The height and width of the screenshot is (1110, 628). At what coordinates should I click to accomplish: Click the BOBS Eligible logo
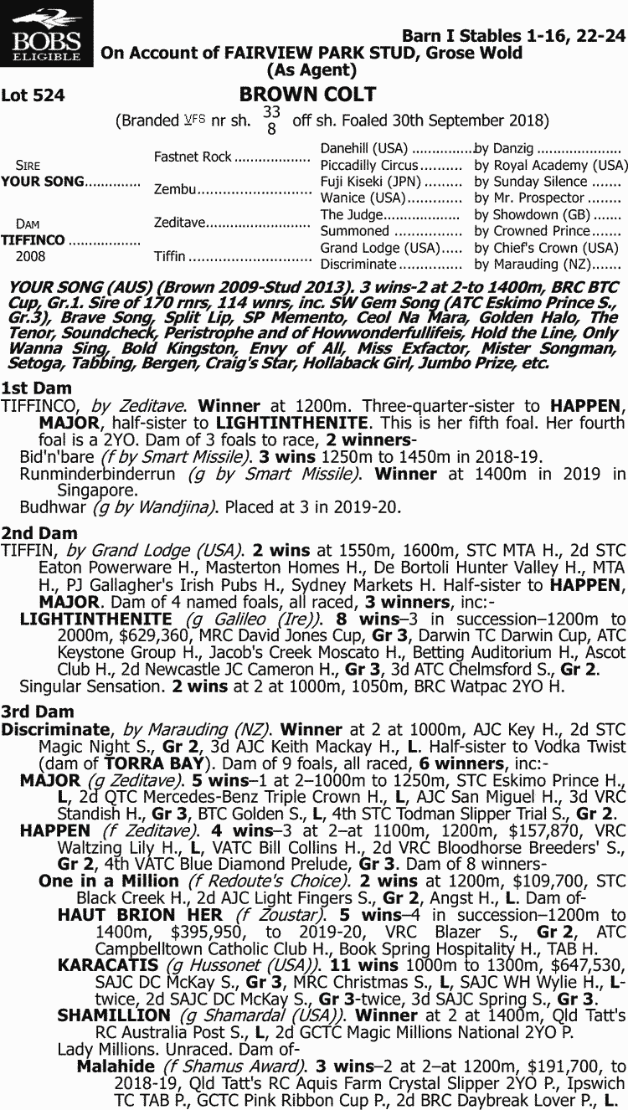(x=47, y=35)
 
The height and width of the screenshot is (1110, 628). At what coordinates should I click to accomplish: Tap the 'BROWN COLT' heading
(x=307, y=95)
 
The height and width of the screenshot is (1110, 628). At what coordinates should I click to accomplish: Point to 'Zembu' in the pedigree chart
(x=174, y=190)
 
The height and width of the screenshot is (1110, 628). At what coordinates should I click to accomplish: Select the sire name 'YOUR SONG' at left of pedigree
(x=43, y=182)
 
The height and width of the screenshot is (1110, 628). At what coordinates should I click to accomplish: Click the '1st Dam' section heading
(x=36, y=388)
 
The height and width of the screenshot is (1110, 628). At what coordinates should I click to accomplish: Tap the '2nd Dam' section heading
(x=39, y=533)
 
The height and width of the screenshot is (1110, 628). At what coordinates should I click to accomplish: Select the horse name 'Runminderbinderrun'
(x=97, y=474)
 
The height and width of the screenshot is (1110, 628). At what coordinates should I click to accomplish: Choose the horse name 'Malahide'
(x=116, y=1066)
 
